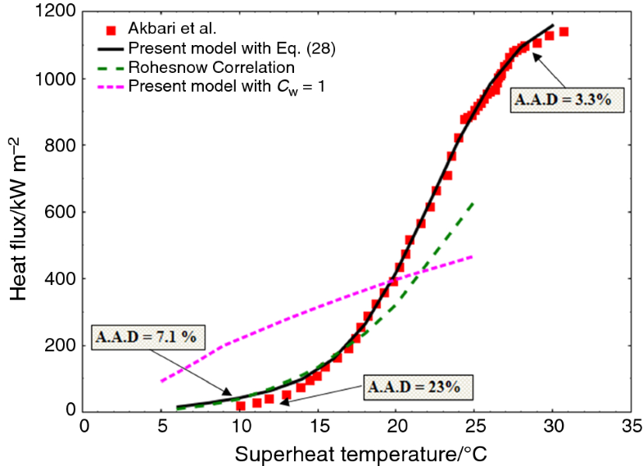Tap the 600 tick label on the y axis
click(61, 212)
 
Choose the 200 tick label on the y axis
click(61, 346)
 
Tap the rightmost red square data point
click(564, 32)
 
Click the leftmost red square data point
click(241, 405)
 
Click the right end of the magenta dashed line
click(473, 257)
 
